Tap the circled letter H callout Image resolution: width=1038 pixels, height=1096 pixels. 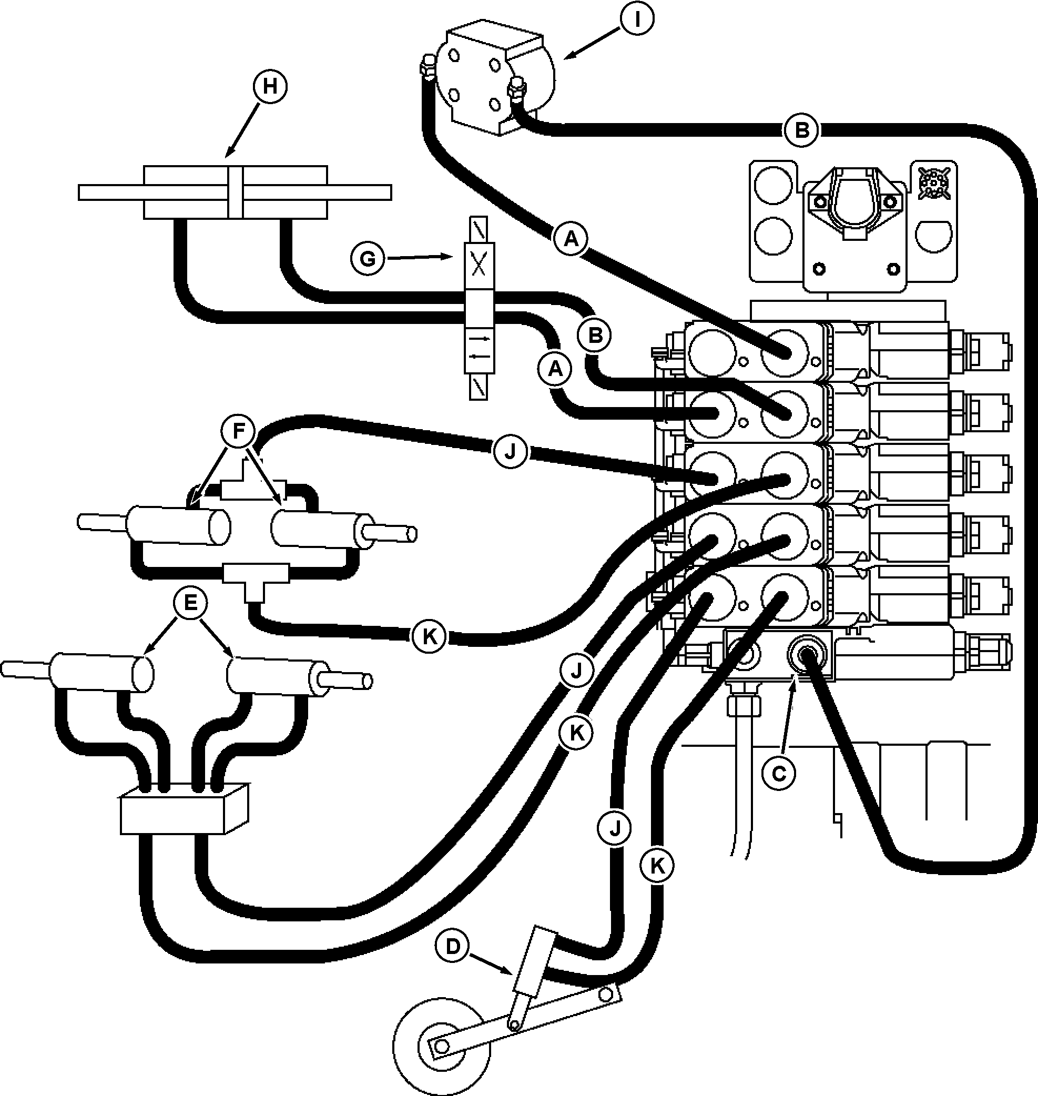[270, 87]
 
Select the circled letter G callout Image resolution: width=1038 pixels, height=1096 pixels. [368, 258]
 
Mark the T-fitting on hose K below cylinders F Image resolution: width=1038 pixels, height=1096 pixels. [255, 581]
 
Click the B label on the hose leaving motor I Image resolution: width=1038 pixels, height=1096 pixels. [802, 131]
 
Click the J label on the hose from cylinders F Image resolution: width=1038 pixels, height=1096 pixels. [510, 452]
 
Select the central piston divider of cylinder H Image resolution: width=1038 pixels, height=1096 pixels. [235, 192]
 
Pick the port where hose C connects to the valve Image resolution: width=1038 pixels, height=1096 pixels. [805, 654]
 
